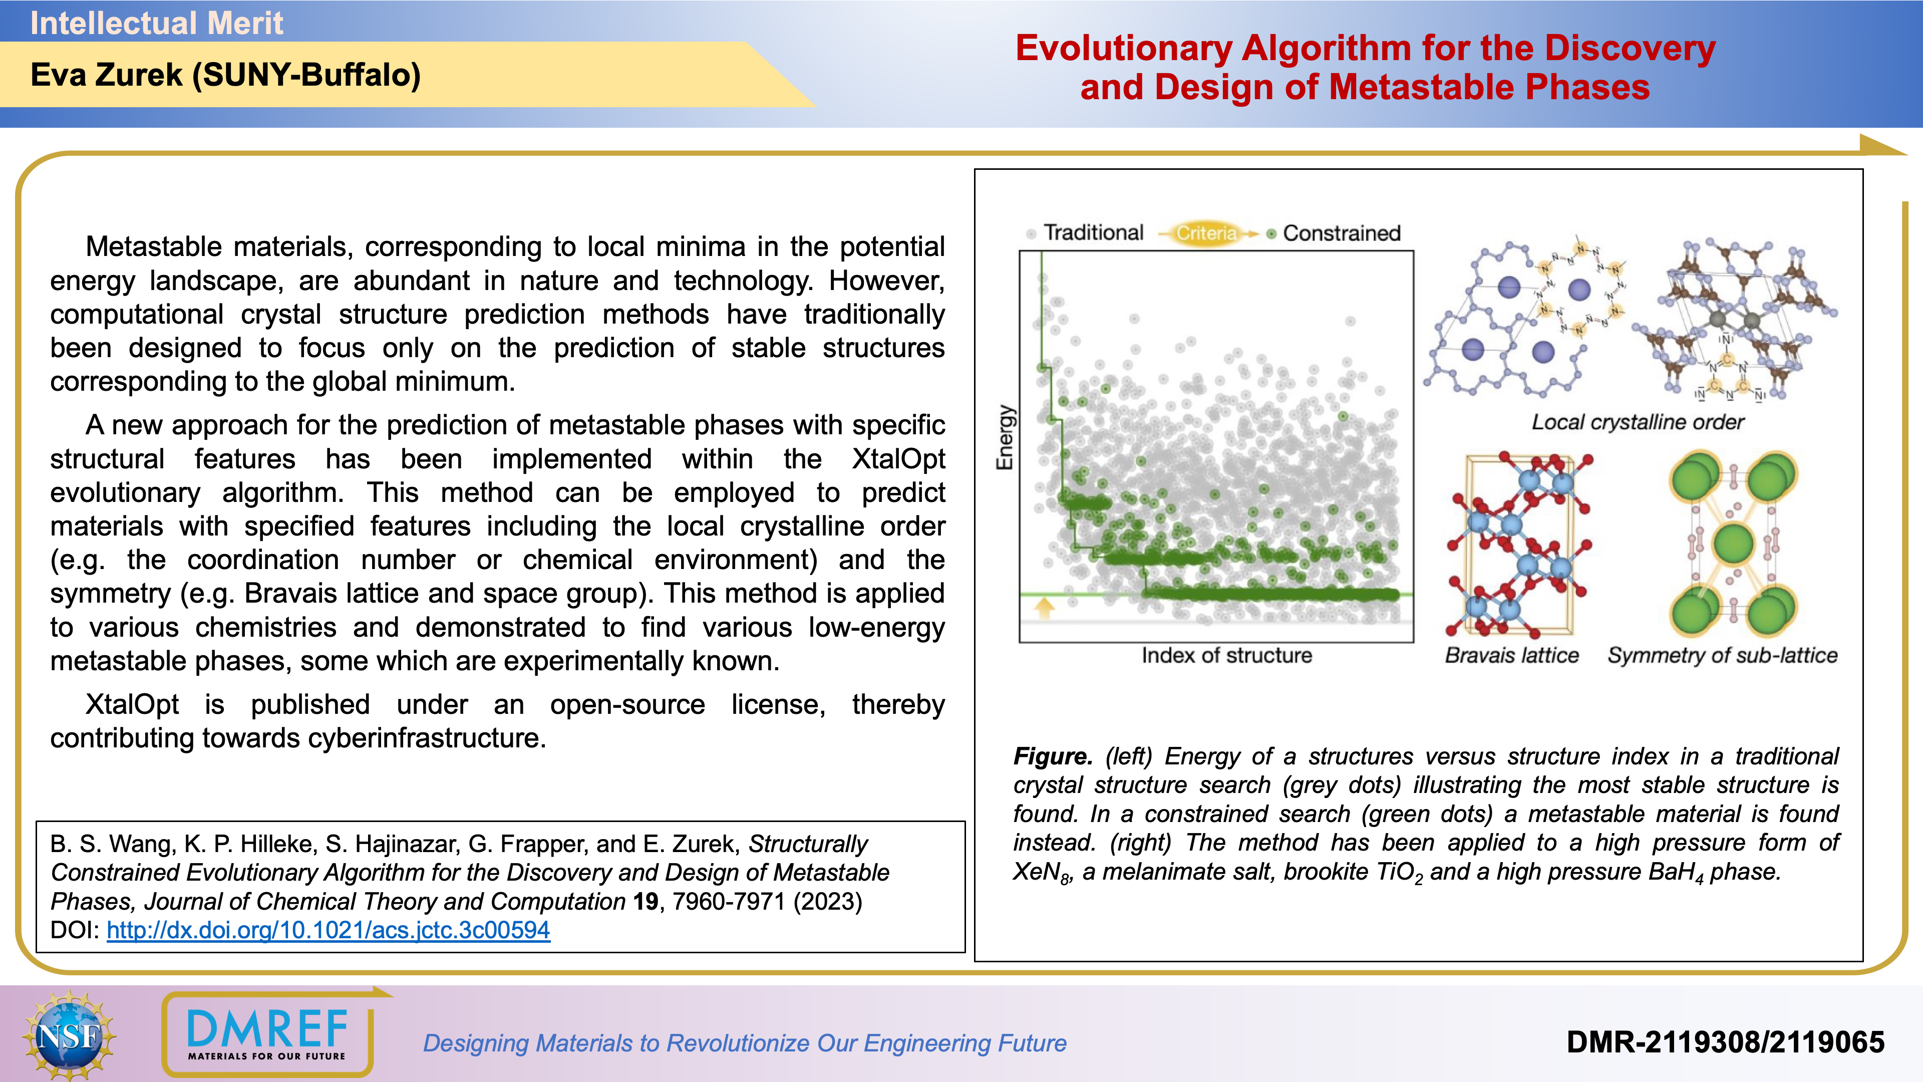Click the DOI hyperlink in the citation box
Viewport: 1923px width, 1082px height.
(x=329, y=930)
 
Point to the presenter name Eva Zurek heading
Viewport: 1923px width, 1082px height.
(x=225, y=75)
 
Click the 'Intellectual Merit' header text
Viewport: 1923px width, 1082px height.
(x=157, y=23)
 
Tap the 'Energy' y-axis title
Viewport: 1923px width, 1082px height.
(x=1006, y=438)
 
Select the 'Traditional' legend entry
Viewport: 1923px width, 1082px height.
(x=1093, y=233)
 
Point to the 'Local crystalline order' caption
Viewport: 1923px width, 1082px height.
(x=1638, y=423)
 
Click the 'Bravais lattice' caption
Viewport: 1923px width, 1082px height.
(x=1512, y=656)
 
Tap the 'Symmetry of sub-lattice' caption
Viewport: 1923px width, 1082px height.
(x=1722, y=656)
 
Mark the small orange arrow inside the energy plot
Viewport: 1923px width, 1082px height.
(x=1044, y=607)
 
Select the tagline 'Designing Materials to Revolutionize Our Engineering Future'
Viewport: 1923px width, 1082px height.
(x=744, y=1043)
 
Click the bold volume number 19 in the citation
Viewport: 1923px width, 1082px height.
(x=646, y=902)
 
